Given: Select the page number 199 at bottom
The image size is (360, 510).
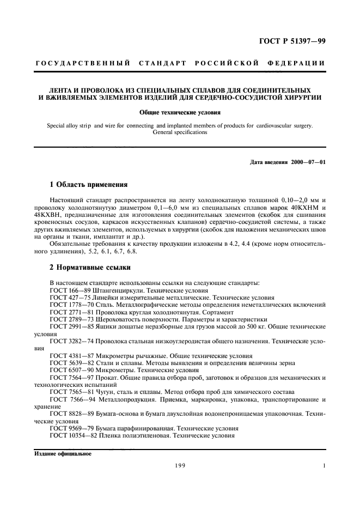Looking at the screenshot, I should click(180, 466).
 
